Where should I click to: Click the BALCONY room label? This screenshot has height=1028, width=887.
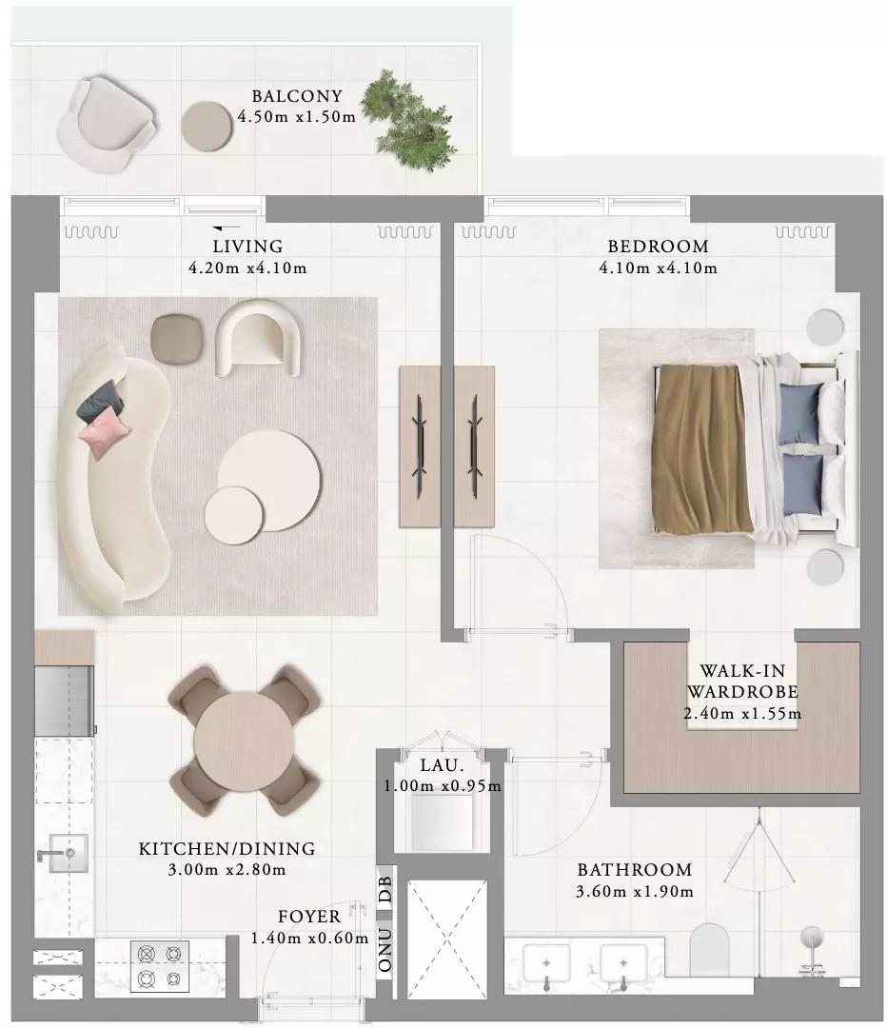tap(297, 96)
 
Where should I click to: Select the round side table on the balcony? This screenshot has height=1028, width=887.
tap(207, 127)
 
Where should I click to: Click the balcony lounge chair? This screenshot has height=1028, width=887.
tap(107, 125)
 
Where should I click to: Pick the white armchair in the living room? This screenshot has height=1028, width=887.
tap(258, 338)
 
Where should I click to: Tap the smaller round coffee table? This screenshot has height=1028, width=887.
tap(234, 515)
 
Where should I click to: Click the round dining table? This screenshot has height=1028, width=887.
tap(244, 741)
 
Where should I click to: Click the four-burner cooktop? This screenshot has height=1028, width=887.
tap(160, 966)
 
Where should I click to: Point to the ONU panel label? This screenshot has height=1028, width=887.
tap(385, 949)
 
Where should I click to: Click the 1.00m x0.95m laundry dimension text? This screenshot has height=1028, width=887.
tap(443, 785)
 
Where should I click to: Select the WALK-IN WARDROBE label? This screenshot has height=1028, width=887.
tap(742, 682)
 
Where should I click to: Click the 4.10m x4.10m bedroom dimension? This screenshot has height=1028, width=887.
tap(659, 267)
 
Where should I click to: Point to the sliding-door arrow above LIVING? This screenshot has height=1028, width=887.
tap(227, 227)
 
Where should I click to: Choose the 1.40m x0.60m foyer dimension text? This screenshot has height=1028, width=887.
tap(309, 939)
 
